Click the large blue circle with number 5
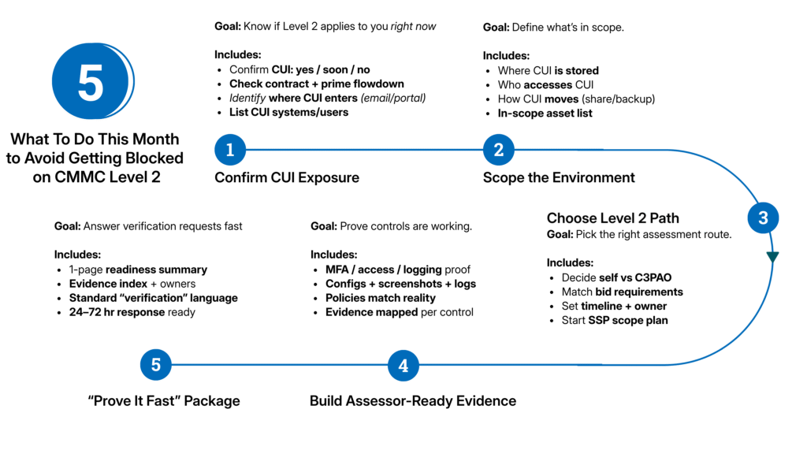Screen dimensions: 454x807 (91, 81)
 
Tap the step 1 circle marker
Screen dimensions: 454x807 (230, 149)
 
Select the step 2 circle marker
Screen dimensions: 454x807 (498, 149)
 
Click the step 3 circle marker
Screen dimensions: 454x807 (763, 218)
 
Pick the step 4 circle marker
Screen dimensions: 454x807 (403, 365)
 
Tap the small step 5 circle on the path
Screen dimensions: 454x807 (156, 365)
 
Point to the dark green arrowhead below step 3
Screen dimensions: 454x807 (772, 257)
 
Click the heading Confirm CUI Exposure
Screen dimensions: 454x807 (287, 178)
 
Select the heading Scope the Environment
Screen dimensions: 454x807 (559, 178)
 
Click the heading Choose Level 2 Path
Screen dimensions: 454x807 (613, 218)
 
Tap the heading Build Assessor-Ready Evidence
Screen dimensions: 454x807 (413, 401)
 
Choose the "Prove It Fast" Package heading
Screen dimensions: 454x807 (164, 401)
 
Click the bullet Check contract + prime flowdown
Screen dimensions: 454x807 (316, 84)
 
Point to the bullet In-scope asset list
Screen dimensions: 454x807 (545, 113)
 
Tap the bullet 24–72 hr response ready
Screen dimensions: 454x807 (132, 312)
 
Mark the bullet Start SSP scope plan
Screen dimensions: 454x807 (614, 321)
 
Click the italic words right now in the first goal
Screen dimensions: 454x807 (414, 27)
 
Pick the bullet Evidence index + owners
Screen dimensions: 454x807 (132, 284)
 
